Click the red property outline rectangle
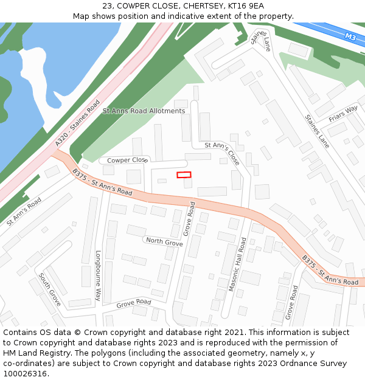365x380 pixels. coord(184,175)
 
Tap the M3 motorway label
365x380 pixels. coord(350,37)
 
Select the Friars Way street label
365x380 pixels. coord(343,114)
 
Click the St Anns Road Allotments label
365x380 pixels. coord(144,111)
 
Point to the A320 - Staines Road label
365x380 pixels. coord(77,123)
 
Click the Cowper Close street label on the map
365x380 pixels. coord(127,160)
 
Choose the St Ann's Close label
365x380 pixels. coord(222,154)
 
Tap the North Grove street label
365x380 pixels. coord(164,243)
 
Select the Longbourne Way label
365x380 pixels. coord(97,275)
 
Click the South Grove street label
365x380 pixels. coord(49,289)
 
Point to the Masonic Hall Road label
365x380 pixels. coord(237,264)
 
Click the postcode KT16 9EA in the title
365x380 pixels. coord(246,6)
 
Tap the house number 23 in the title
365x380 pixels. coord(108,6)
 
